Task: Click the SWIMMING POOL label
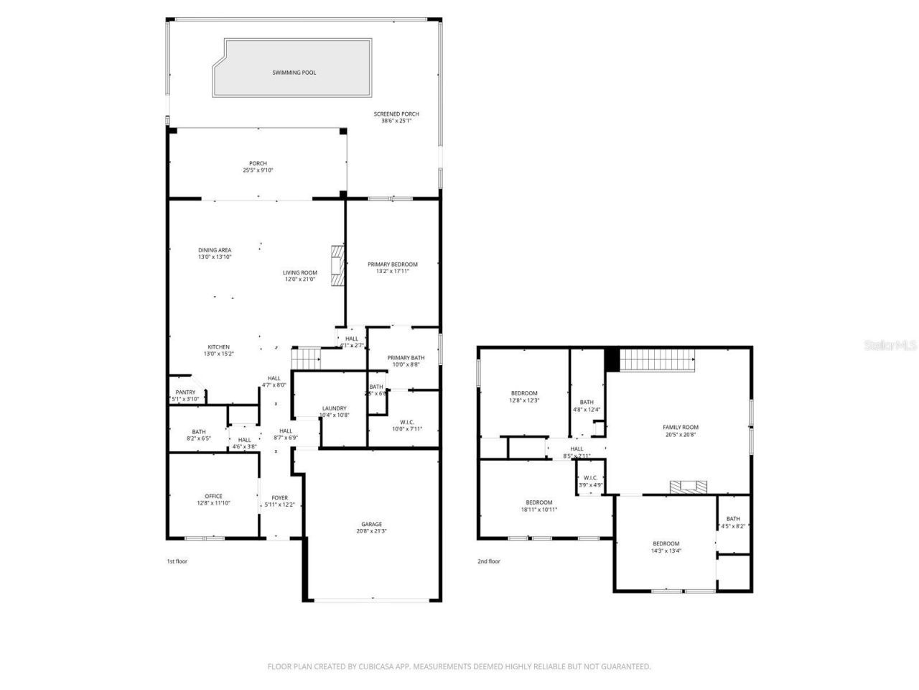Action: click(x=294, y=73)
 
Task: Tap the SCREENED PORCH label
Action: click(x=396, y=114)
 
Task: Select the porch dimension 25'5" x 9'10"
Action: click(x=258, y=170)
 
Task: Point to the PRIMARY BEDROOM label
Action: click(x=392, y=264)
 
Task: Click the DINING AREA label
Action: click(x=215, y=250)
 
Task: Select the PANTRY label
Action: click(x=185, y=392)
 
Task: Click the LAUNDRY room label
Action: click(x=334, y=408)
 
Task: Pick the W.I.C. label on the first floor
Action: click(x=406, y=422)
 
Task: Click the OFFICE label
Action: click(x=213, y=496)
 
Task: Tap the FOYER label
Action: click(x=279, y=498)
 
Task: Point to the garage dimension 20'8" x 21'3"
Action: click(x=371, y=531)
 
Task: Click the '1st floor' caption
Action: click(x=177, y=561)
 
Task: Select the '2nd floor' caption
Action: click(x=489, y=561)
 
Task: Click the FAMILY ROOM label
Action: click(x=680, y=427)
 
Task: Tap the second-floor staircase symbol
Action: click(x=658, y=359)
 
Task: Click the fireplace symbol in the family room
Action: click(x=688, y=487)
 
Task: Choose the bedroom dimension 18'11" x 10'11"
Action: click(x=538, y=510)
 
